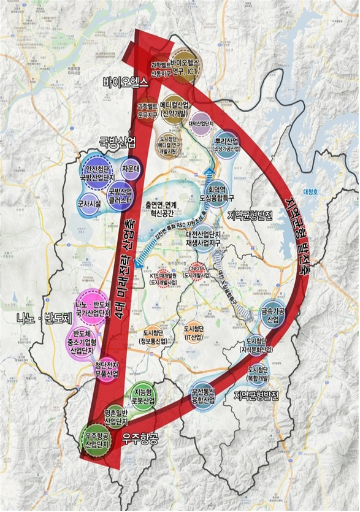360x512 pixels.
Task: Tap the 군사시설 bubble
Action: coord(90,204)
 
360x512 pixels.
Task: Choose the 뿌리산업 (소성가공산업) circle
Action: coord(227,147)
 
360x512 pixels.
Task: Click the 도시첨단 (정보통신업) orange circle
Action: coord(150,335)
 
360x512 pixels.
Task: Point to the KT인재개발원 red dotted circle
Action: coord(163,280)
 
